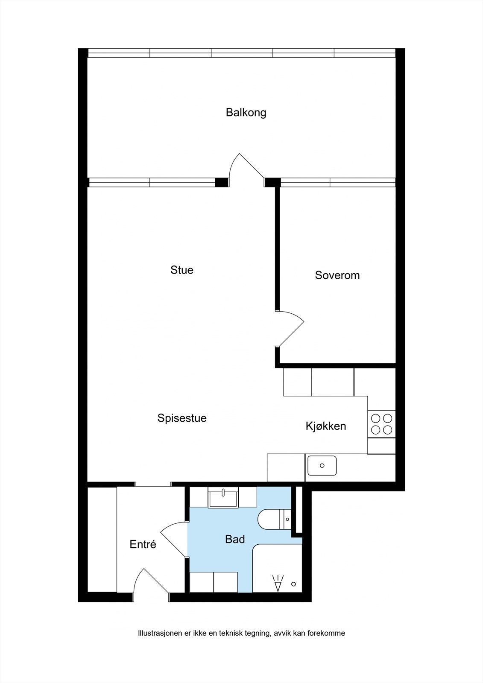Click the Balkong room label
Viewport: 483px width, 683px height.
[x=246, y=113]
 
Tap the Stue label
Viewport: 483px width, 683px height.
[x=182, y=270]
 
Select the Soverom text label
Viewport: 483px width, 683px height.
[x=337, y=275]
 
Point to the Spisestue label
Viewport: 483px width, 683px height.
[x=182, y=418]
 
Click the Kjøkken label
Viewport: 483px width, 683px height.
[x=326, y=426]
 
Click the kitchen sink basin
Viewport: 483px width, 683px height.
[x=322, y=466]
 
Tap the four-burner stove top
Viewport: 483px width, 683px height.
[x=381, y=424]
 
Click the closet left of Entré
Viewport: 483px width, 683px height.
[x=102, y=540]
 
